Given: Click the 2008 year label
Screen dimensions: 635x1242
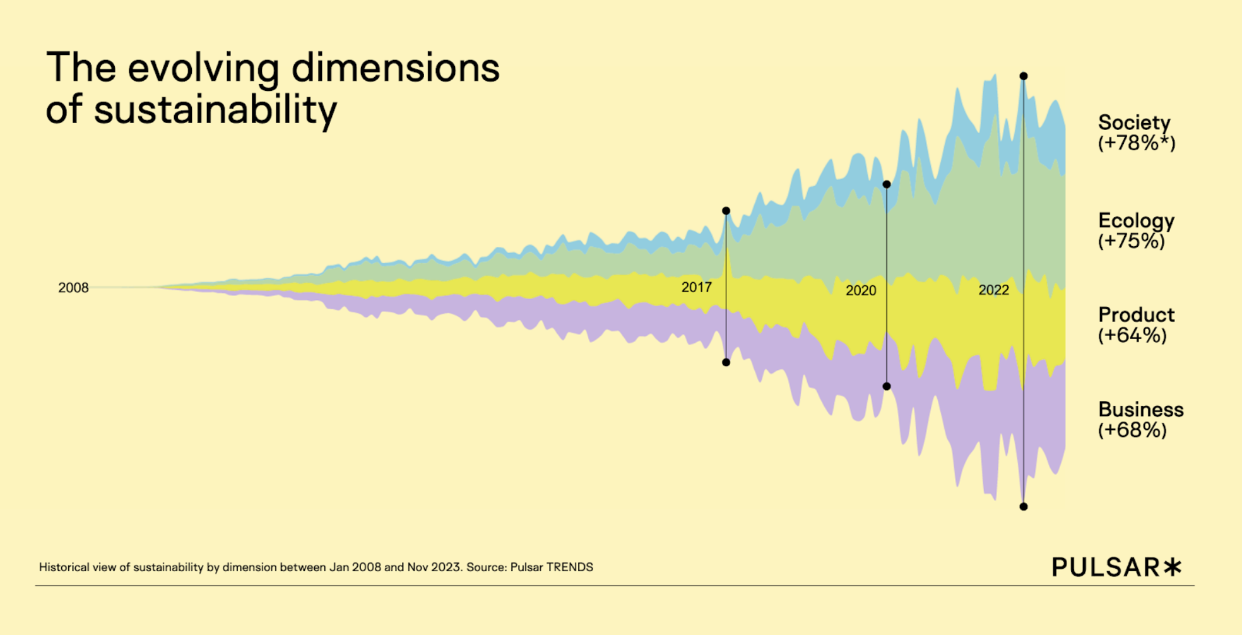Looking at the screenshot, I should pos(73,288).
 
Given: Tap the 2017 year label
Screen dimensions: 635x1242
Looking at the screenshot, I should pos(696,287).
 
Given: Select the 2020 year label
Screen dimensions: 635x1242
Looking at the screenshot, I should pos(861,290).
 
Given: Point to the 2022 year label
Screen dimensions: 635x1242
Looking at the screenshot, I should pos(993,290).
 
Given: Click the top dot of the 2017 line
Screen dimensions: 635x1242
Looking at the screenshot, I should pos(726,211).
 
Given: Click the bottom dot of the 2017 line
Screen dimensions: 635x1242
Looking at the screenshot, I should pos(726,362).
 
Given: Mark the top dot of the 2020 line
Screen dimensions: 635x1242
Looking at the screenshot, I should pos(887,184).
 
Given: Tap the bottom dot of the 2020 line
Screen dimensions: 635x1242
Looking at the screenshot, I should pos(887,386).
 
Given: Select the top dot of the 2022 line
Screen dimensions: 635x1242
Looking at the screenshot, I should pos(1024,76).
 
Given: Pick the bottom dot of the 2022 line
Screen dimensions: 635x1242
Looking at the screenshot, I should pos(1024,507).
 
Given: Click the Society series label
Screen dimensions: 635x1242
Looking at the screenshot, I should pos(1134,122).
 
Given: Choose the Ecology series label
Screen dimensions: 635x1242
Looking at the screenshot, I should pos(1136,221).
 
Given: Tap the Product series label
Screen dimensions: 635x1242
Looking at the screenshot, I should pos(1136,314).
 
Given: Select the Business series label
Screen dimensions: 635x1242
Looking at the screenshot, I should pos(1140,409).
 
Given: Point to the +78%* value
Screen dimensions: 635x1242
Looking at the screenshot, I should pos(1137,143).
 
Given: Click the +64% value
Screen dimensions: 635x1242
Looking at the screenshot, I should pos(1132,335).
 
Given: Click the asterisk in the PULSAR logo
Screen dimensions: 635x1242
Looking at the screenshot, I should pos(1173,566).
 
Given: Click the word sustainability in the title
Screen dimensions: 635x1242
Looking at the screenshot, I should pos(215,110).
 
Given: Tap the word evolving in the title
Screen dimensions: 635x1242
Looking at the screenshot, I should pos(203,68).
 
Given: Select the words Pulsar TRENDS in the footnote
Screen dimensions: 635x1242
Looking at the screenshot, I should pos(552,567).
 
